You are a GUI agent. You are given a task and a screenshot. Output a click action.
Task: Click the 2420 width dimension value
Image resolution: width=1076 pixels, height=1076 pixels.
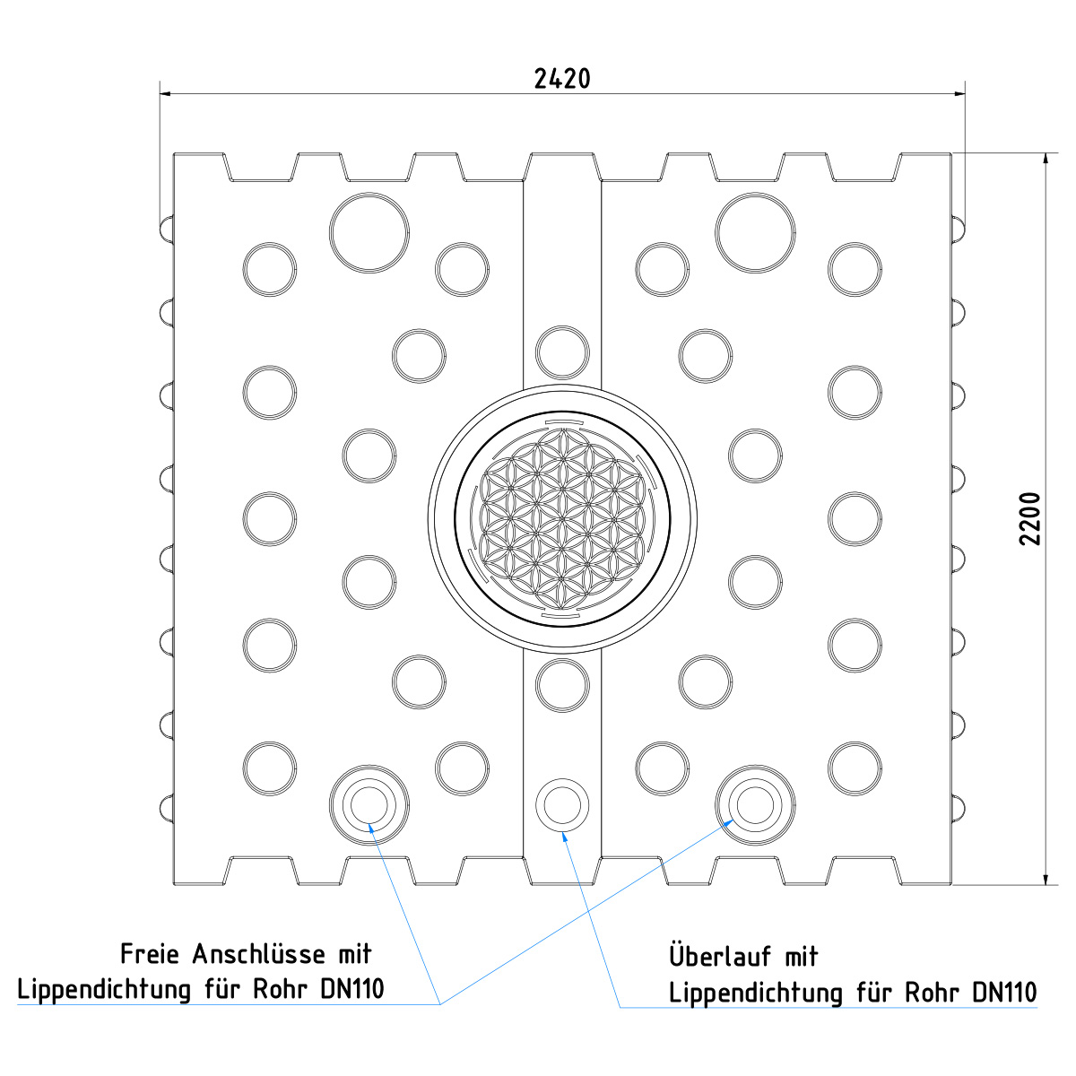click(561, 79)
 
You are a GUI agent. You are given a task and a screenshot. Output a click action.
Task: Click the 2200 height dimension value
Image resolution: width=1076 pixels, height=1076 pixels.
click(1030, 519)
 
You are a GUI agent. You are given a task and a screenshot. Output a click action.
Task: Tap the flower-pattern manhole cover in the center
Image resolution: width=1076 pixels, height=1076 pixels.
click(562, 519)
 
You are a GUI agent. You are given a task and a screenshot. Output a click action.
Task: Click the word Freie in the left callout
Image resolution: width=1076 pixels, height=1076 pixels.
click(151, 954)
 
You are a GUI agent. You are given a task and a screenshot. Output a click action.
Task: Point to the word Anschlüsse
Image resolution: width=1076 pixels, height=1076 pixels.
click(258, 954)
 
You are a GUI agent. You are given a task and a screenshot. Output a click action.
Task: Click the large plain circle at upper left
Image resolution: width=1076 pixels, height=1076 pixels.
click(369, 233)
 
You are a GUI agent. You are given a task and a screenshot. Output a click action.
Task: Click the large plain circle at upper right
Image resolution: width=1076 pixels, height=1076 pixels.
click(755, 233)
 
